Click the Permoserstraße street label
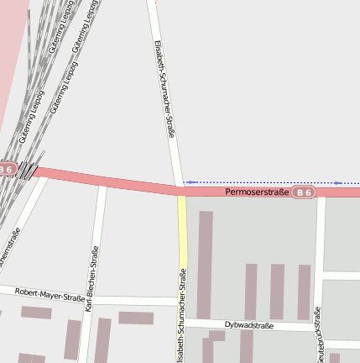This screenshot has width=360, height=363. coord(257,193)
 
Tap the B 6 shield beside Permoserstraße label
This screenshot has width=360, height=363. coord(304,193)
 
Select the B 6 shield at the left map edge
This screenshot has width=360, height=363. coord(7,169)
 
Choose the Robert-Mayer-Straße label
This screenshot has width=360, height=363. coord(50,293)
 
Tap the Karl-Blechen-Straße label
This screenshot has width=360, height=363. coord(92,279)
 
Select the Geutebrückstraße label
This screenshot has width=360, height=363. coord(316,334)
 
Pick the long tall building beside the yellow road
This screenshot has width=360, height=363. coord(205,265)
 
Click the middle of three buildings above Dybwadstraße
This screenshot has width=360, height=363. coord(277,292)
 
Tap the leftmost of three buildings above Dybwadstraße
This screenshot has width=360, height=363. coord(251,292)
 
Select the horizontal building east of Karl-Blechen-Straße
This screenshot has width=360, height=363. coord(136,318)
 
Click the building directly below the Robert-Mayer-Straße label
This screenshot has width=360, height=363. coord(36,313)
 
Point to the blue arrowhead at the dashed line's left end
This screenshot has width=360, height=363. coord(188,181)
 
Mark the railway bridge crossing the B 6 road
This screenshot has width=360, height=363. coord(29,171)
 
